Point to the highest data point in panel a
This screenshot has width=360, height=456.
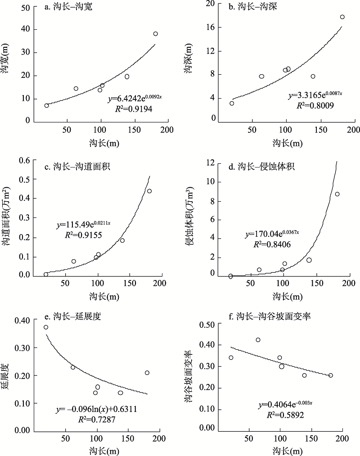tap(156, 34)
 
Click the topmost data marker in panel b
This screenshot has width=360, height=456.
tap(342, 17)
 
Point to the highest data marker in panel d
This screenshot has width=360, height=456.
tap(337, 194)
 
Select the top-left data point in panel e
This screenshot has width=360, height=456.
tap(46, 327)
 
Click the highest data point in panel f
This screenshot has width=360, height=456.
tap(258, 340)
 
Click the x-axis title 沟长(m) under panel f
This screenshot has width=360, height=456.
tap(288, 451)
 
